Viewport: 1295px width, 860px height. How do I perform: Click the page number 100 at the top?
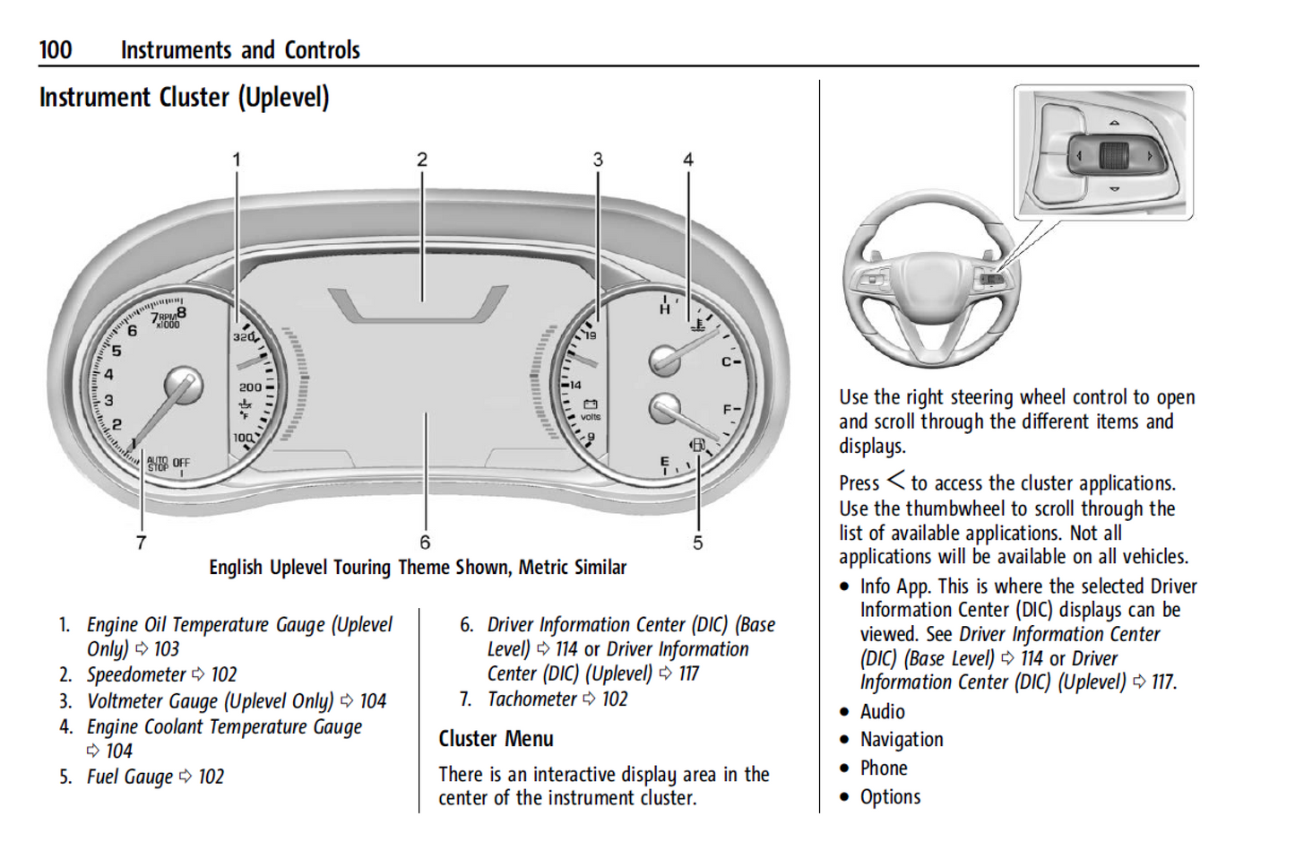click(x=56, y=49)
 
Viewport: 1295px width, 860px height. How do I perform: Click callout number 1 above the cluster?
click(x=237, y=160)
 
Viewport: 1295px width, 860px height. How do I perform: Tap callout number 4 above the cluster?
click(x=688, y=160)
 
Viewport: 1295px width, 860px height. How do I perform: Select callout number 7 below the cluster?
click(x=141, y=542)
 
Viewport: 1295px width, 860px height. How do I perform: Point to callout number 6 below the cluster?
click(x=425, y=542)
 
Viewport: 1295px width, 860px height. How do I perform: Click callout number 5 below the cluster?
click(x=697, y=542)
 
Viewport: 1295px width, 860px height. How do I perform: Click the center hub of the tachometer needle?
click(x=183, y=386)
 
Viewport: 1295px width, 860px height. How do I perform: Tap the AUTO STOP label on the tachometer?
click(x=158, y=464)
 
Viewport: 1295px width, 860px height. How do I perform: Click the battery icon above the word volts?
click(x=591, y=404)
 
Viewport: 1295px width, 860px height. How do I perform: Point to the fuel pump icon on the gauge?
click(x=697, y=445)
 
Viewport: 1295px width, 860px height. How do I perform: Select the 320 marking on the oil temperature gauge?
click(x=244, y=337)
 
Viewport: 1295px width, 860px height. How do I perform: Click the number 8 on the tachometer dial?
click(x=182, y=312)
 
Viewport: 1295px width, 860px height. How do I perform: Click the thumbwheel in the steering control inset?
click(x=1113, y=156)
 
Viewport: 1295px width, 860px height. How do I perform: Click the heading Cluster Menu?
click(x=496, y=739)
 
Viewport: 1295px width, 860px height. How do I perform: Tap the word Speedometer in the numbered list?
click(x=136, y=674)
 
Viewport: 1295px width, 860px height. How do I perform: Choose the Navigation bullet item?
click(x=902, y=740)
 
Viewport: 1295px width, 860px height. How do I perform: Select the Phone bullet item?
click(x=884, y=769)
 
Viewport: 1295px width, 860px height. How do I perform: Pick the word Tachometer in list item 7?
click(x=532, y=699)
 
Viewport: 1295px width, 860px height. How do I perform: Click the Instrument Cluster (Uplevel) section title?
click(x=184, y=97)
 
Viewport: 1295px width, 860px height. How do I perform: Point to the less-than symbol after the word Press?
click(x=895, y=482)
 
